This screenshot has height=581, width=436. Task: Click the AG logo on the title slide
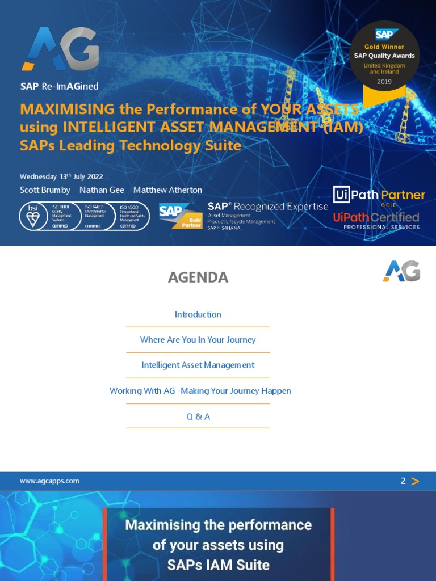61,50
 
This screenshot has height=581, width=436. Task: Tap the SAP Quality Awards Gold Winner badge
384,60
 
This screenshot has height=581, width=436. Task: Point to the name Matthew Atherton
167,190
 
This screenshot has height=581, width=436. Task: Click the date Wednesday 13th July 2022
61,176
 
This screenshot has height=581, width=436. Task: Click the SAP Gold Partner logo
181,216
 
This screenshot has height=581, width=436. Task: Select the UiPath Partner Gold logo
379,196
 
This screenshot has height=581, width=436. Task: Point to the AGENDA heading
198,277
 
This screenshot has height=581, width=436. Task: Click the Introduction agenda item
198,314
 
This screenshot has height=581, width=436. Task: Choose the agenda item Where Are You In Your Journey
198,340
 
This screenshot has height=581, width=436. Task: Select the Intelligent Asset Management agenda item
198,365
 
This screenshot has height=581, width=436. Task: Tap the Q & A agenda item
198,416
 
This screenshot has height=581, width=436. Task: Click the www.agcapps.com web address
49,481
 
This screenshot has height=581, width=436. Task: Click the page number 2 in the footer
403,481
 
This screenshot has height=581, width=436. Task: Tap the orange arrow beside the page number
415,482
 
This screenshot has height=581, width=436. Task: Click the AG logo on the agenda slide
401,271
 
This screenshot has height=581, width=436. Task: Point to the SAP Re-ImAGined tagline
60,86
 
